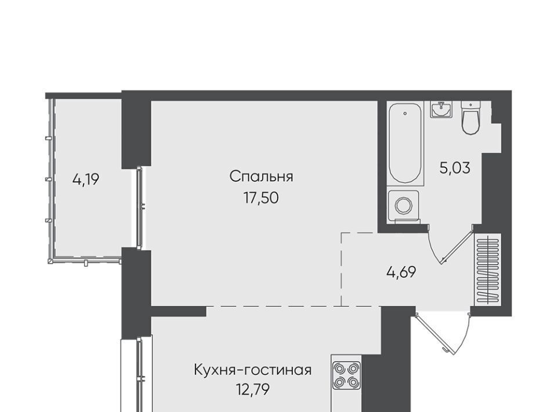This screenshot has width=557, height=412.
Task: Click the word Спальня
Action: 261,176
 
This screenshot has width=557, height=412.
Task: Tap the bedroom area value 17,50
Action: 261,198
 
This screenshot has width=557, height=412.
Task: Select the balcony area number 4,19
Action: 86,180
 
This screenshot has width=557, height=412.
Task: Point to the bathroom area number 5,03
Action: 455,168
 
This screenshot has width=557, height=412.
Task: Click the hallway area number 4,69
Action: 401,273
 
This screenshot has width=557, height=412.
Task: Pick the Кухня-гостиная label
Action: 252,370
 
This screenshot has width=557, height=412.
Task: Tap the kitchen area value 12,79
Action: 253,389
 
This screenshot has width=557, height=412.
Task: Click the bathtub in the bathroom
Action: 405,144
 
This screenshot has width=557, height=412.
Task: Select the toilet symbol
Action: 471,117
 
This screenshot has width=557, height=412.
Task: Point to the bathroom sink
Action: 441,109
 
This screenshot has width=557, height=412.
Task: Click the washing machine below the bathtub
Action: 404,206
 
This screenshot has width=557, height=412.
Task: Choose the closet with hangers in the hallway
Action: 488,270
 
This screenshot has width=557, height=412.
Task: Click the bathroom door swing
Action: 451,245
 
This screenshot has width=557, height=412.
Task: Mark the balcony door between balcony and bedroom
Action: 140,208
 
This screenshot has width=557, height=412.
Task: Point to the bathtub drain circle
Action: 406,114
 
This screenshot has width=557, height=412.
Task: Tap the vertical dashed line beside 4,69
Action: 341,269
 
